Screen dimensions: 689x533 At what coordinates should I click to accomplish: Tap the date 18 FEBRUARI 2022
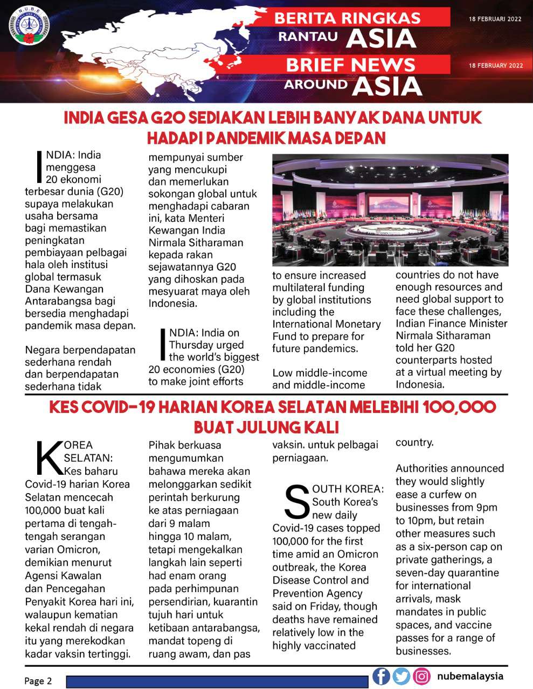(495, 19)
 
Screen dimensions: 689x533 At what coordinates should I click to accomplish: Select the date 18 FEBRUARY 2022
(496, 66)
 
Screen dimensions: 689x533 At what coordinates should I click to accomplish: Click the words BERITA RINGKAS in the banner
(347, 18)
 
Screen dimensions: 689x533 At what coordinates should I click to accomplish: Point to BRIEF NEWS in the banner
(350, 65)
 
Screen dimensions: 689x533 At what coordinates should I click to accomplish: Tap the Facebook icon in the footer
(381, 676)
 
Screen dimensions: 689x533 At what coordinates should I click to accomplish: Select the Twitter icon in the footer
(402, 676)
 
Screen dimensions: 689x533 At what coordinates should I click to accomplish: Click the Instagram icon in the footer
(422, 676)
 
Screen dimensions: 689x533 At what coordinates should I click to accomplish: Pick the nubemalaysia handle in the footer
(470, 676)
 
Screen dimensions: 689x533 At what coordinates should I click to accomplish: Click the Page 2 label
(38, 680)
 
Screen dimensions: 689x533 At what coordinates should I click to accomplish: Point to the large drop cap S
(296, 502)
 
